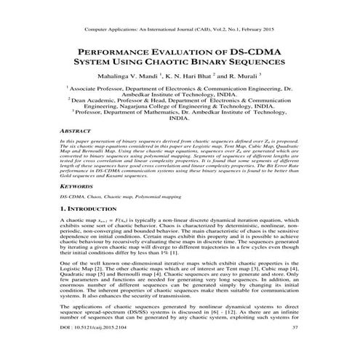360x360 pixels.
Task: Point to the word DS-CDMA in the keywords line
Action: pyautogui.click(x=71, y=196)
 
